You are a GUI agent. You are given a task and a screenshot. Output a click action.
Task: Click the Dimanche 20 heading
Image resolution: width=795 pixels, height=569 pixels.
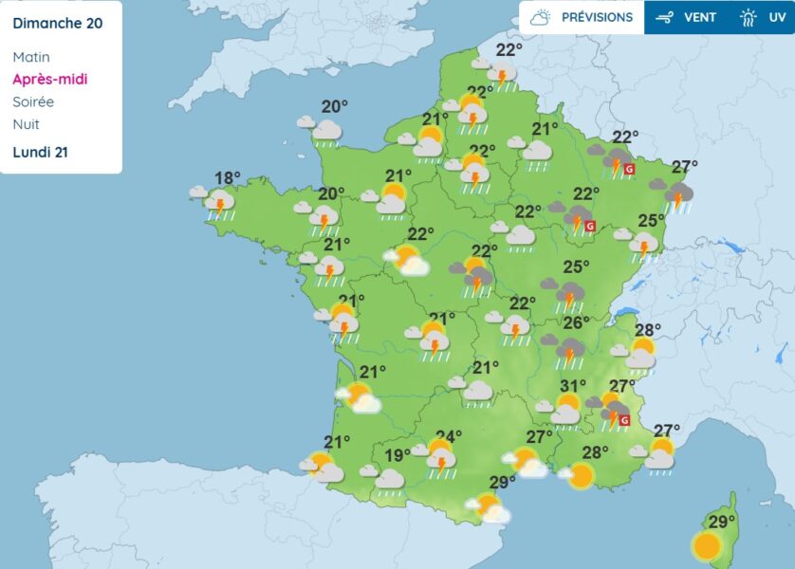click(58, 23)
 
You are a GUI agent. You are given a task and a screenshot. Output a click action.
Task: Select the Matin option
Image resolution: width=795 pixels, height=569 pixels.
click(31, 57)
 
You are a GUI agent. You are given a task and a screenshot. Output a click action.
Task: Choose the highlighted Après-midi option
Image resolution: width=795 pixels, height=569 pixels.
click(50, 80)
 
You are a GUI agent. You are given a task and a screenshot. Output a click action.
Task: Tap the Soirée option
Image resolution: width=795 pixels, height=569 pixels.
click(33, 101)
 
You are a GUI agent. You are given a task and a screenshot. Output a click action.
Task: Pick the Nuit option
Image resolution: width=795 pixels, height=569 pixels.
click(26, 124)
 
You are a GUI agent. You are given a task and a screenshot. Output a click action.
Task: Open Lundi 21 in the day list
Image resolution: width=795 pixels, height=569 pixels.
click(40, 152)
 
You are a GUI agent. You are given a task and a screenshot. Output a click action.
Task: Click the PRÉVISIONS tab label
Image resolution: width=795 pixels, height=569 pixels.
click(597, 17)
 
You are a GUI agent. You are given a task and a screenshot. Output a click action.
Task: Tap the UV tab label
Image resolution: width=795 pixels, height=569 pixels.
click(778, 17)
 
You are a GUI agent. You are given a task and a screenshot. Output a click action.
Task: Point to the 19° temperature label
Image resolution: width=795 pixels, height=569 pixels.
click(398, 455)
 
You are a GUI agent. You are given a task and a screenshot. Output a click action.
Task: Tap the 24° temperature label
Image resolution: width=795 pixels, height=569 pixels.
click(449, 436)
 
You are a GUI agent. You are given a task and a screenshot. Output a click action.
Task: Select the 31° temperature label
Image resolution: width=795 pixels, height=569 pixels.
click(573, 386)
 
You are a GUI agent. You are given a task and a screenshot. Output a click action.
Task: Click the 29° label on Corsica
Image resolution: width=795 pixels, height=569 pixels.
click(723, 523)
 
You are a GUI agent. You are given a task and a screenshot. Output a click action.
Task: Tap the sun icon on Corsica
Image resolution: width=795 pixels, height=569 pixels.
click(706, 546)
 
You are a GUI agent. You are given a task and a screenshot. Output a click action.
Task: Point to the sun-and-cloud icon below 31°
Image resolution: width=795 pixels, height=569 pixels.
click(565, 410)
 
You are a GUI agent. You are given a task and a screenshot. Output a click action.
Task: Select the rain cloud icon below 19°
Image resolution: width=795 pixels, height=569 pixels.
click(389, 478)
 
